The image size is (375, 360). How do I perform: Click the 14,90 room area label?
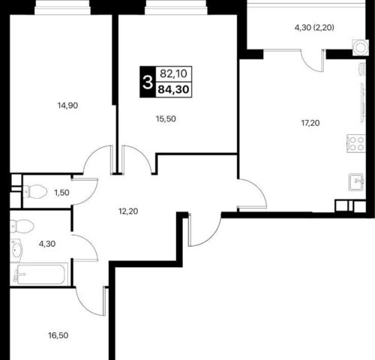(67, 106)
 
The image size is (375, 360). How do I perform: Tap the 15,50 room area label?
(166, 119)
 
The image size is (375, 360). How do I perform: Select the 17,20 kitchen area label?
(310, 123)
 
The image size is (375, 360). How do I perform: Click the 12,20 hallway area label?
(128, 211)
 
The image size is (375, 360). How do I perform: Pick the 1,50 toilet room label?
(61, 193)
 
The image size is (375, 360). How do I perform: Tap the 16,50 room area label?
(58, 335)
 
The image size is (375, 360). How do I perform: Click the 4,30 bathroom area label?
(47, 244)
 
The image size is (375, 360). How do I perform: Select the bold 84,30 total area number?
(173, 89)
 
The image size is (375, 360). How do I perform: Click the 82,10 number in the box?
(173, 73)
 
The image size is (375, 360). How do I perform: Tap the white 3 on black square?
(148, 82)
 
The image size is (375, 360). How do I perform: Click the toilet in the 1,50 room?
(35, 192)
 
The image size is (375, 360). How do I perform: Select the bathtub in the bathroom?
(39, 274)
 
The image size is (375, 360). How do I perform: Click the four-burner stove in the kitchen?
(356, 143)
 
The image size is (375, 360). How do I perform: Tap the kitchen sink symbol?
(356, 182)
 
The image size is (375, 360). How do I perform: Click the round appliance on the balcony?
(360, 47)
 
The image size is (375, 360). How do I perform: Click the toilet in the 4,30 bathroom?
(22, 226)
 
